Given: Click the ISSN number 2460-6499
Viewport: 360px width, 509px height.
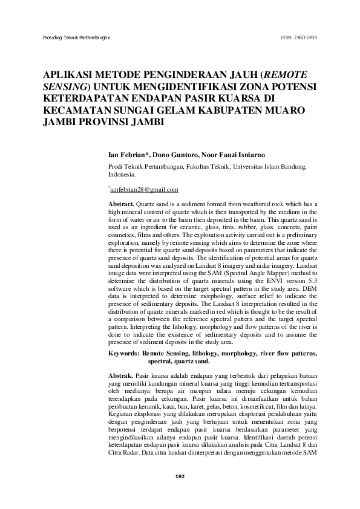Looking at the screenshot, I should [x=299, y=37].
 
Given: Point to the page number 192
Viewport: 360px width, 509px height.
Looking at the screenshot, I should [x=180, y=476].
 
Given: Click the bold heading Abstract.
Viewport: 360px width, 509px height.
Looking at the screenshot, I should [x=121, y=206].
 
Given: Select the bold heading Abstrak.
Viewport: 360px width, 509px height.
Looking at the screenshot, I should [x=120, y=375].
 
